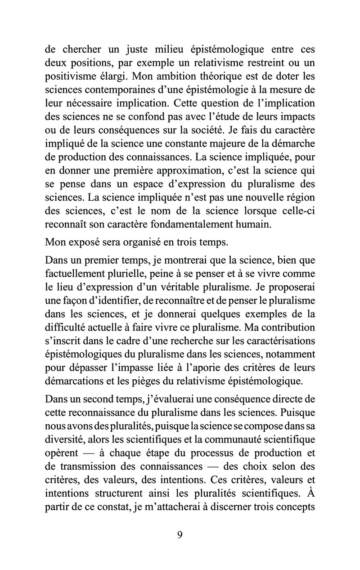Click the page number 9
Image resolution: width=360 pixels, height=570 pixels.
point(180,535)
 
